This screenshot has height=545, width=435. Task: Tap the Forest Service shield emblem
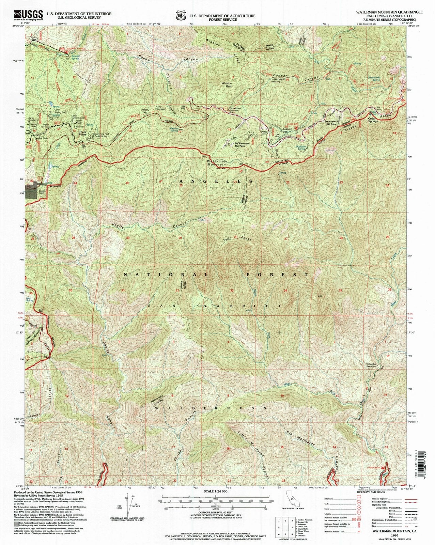[181, 16]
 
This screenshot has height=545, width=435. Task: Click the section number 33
[232, 290]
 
